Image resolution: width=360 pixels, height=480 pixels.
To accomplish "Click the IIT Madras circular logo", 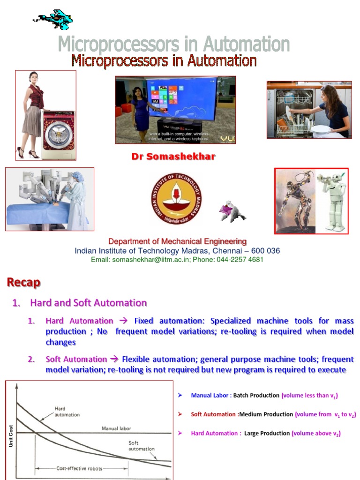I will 177,198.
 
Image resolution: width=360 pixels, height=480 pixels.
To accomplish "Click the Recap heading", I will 23,282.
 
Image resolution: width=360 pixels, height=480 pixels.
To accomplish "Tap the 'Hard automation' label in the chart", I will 67,412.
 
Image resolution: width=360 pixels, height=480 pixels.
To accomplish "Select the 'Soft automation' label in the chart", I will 141,446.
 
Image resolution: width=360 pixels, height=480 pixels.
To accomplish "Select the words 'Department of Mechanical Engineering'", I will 177,241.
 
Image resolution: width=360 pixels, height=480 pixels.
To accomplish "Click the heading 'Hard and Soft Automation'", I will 88,303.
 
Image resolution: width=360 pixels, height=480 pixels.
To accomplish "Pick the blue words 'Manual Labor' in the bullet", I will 210,396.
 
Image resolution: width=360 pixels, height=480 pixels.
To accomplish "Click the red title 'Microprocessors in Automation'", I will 164,61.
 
